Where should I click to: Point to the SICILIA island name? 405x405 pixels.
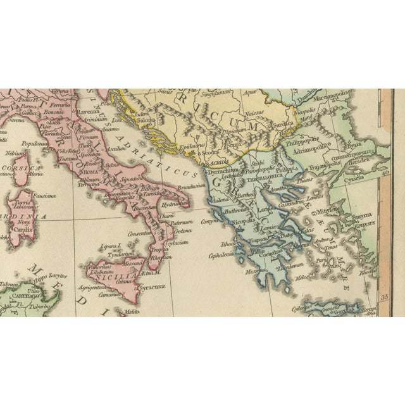(x=124, y=277)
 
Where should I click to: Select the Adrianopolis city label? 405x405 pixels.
(x=317, y=144)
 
